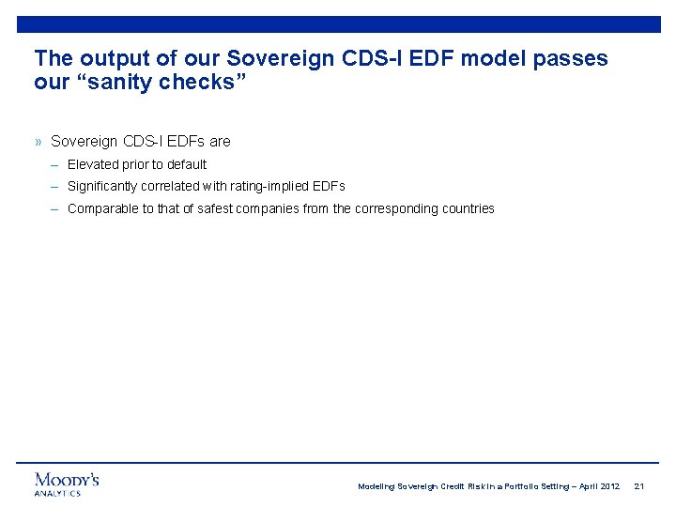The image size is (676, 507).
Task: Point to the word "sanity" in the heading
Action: [116, 83]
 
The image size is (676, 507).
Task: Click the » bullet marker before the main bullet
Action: [38, 142]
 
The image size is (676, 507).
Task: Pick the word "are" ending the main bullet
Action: [220, 142]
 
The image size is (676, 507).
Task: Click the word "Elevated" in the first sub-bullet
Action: [93, 164]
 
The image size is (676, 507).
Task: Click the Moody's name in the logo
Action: [67, 480]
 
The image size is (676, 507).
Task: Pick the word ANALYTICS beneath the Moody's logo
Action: [57, 493]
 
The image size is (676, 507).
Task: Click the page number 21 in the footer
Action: [639, 486]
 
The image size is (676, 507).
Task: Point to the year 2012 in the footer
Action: [607, 486]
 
